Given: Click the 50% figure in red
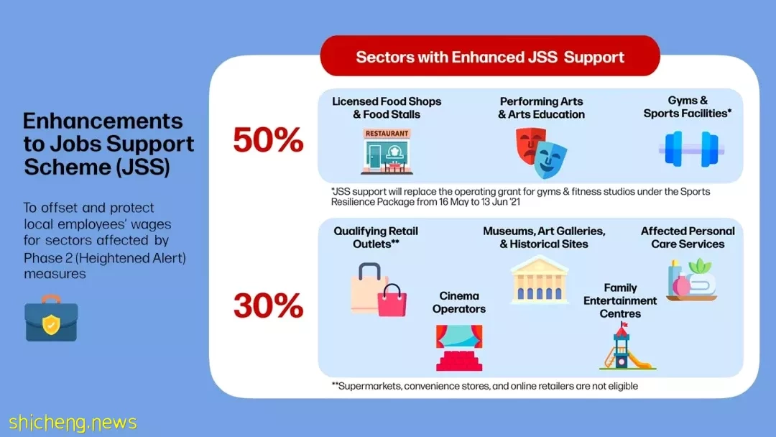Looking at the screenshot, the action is (x=268, y=140).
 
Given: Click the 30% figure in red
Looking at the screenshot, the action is (x=268, y=305).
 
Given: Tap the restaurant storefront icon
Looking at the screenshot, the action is (x=387, y=152).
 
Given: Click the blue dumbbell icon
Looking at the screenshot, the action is (x=691, y=149).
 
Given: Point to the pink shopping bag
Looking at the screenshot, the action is (x=392, y=301).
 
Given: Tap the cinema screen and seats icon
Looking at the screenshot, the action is (x=458, y=347).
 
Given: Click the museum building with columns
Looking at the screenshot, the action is (x=540, y=280).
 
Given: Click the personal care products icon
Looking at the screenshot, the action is (x=692, y=280).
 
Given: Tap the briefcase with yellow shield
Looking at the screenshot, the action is (x=51, y=318).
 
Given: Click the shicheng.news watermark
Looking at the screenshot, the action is (x=73, y=423).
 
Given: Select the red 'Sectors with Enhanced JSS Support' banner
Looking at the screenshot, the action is (x=490, y=56).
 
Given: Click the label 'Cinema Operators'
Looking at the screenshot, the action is (x=458, y=303).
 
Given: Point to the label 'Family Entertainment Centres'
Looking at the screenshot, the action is (x=620, y=300).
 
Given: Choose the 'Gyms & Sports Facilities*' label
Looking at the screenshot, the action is (x=688, y=107).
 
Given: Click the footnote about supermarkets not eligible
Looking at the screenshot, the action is (x=485, y=386).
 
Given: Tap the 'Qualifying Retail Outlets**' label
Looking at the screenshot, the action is (x=376, y=238).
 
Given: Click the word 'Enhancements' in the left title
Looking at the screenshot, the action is (x=103, y=121).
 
